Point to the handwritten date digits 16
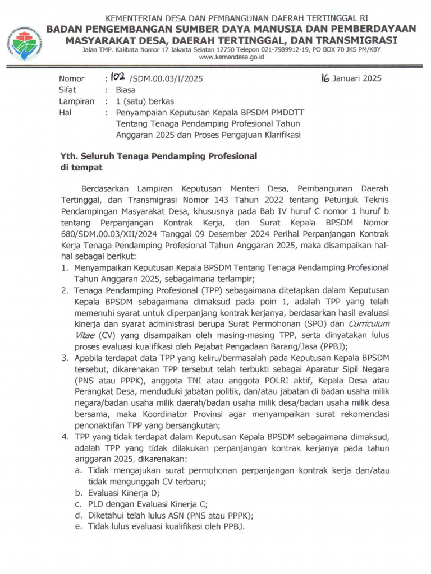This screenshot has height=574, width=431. tap(324, 78)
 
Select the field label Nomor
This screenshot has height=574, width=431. tap(71, 79)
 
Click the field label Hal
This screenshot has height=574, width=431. tap(66, 113)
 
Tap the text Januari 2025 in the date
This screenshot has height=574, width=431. tap(356, 78)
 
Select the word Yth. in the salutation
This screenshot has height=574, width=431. tap(70, 156)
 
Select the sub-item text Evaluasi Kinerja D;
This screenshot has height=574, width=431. tap(123, 493)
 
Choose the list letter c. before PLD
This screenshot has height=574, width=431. tap(79, 504)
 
